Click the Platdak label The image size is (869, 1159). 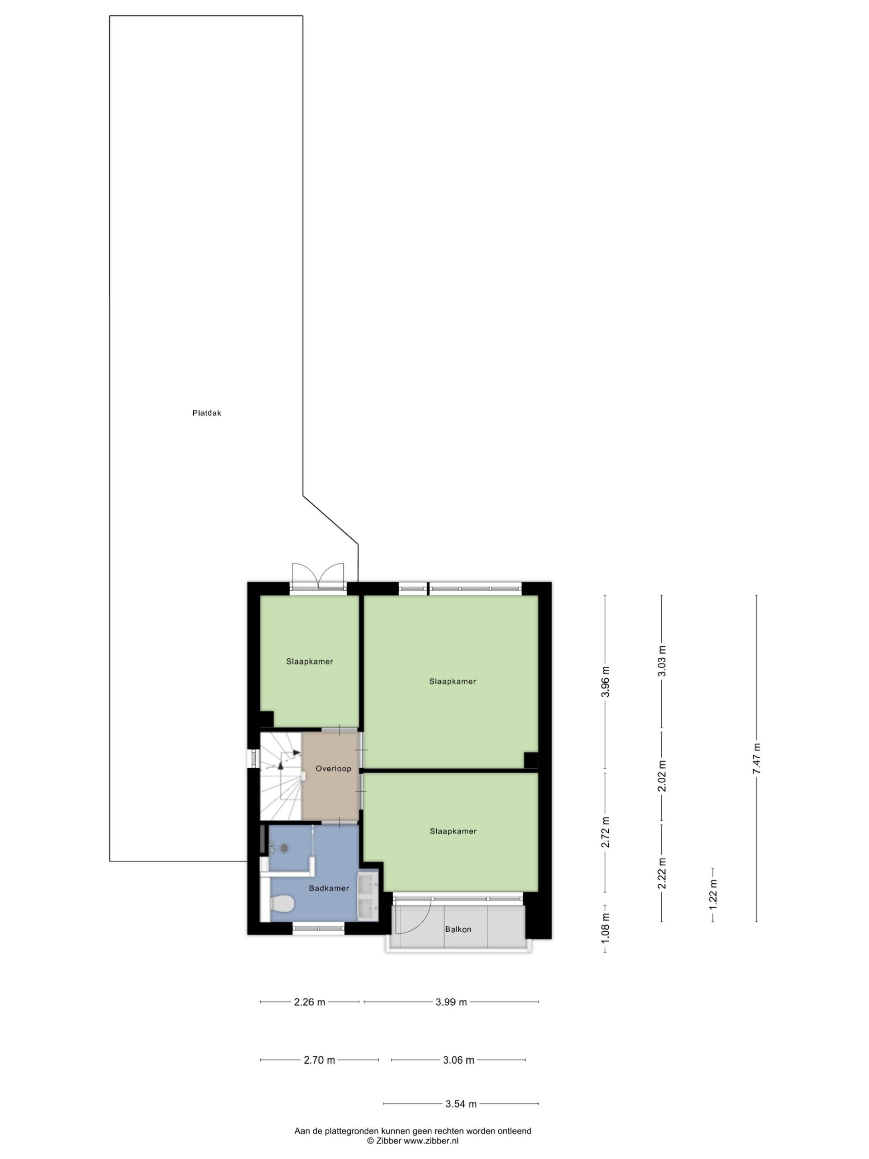[206, 413]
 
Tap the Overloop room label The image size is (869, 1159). [333, 769]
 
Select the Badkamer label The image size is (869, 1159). [329, 888]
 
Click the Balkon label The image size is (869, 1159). [458, 929]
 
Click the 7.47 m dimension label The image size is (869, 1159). [756, 759]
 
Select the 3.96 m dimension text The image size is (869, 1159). [606, 682]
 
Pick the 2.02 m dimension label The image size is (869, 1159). [662, 776]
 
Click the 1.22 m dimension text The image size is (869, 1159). [712, 893]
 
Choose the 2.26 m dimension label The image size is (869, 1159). [310, 1002]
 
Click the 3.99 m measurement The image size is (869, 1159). [451, 1002]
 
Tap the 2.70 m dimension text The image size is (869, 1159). [320, 1060]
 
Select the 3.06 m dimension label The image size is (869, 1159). [458, 1060]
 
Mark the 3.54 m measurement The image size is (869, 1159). [461, 1104]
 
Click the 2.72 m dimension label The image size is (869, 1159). [606, 833]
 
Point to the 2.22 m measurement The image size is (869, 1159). [662, 873]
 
